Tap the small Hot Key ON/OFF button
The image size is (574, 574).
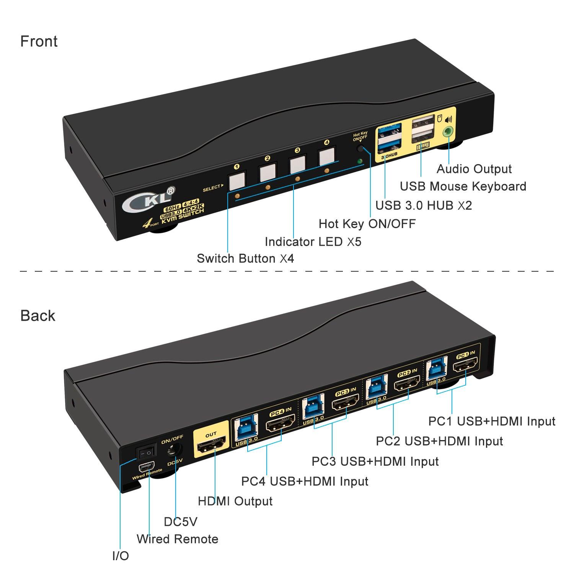[x=360, y=148]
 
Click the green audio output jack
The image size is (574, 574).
[x=447, y=132]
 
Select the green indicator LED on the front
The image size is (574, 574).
[x=359, y=161]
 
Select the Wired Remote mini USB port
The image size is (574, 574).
[x=147, y=467]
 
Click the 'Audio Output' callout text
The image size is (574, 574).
[x=474, y=169]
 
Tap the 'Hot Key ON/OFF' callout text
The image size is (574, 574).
[x=367, y=223]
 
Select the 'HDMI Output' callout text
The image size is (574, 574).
[x=235, y=501]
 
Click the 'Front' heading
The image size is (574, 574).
[x=39, y=41]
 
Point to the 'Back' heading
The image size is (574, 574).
[x=38, y=316]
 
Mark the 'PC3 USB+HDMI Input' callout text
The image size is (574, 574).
[x=375, y=461]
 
